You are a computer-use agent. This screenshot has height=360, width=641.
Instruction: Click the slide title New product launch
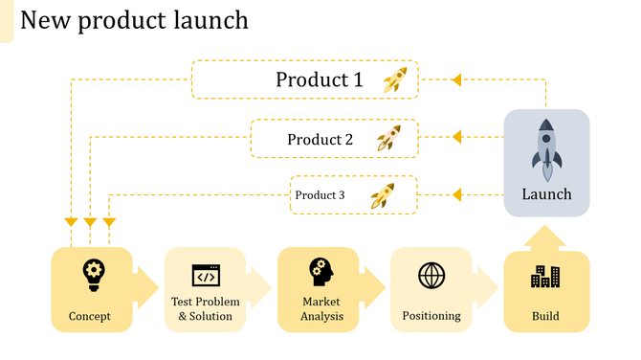134,19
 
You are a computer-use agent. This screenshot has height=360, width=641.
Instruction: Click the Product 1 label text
320,79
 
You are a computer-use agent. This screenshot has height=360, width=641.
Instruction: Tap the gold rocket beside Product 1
395,79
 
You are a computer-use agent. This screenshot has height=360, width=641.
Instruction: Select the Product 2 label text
320,140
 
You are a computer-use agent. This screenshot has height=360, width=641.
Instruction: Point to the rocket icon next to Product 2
388,139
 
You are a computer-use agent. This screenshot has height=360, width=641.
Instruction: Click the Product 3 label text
320,195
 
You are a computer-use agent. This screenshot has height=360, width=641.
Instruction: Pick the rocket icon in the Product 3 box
383,195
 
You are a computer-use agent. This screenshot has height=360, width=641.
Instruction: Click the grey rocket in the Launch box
546,150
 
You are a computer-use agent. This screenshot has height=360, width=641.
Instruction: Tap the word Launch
546,194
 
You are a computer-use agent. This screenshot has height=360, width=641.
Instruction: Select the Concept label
90,316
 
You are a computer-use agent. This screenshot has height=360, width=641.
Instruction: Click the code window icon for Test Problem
206,276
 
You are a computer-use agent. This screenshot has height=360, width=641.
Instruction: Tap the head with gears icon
320,272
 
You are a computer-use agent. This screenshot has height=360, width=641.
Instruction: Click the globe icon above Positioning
431,276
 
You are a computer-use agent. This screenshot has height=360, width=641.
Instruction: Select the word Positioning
431,316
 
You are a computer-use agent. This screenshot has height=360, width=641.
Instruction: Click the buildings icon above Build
546,277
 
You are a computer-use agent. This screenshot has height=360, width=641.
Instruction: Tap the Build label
546,316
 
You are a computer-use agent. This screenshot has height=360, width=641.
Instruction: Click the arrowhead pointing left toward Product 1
457,79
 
